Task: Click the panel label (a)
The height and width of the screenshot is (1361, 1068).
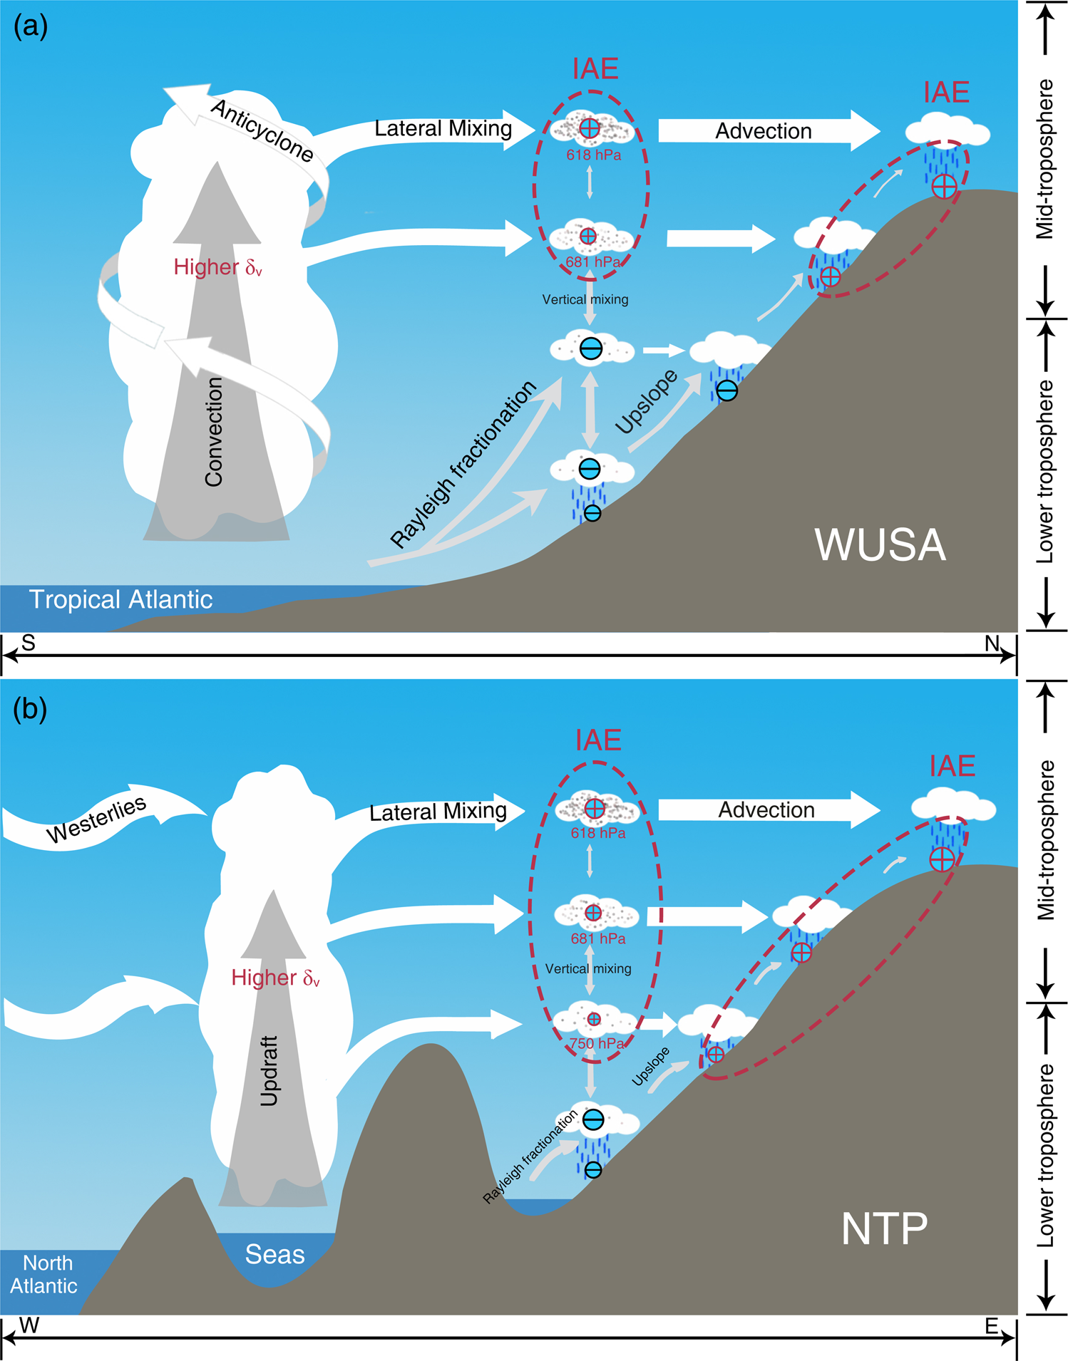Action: [31, 27]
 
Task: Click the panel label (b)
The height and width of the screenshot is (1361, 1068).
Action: [31, 709]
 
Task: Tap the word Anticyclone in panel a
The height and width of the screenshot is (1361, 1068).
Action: [262, 130]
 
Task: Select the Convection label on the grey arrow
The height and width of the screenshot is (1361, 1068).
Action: [214, 432]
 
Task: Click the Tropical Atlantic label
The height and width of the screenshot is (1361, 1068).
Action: [120, 599]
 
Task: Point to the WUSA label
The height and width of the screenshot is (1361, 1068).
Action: [880, 546]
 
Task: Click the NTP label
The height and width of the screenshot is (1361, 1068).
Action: [884, 1228]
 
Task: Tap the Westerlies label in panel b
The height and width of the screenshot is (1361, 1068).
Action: [96, 820]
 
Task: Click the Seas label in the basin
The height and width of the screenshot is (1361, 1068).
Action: [274, 1254]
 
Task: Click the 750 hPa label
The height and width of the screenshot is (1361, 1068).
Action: [597, 1044]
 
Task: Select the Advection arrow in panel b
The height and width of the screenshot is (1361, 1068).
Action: [766, 810]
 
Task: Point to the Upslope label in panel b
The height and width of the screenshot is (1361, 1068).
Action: [650, 1067]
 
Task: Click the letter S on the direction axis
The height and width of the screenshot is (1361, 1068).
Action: [29, 643]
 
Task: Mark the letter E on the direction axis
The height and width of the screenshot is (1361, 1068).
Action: [991, 1326]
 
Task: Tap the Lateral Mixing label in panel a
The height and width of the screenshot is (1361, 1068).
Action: [443, 129]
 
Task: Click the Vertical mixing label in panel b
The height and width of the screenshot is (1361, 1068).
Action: [588, 969]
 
